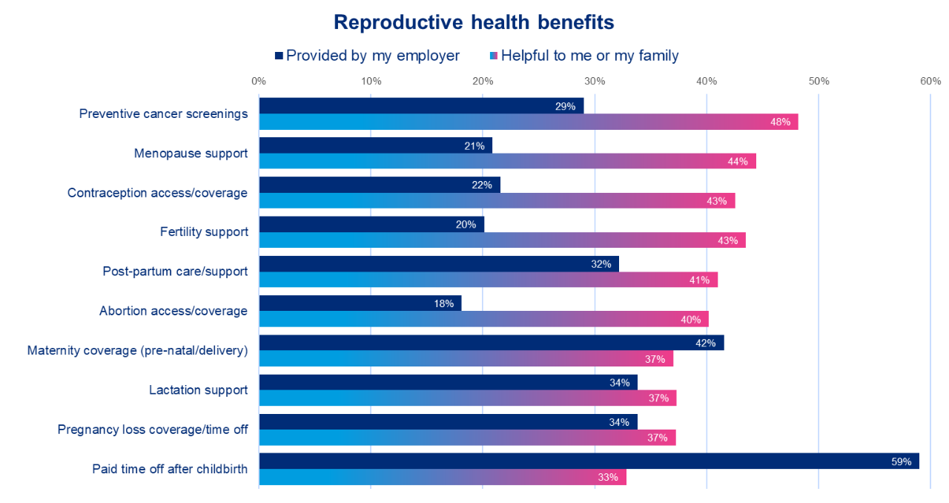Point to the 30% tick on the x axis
pos(595,81)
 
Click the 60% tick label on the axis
pos(930,81)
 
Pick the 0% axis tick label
pos(259,81)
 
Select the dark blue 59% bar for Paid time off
pos(589,461)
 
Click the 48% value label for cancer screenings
pos(780,122)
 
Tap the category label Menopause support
pos(191,154)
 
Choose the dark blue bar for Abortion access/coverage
pos(360,303)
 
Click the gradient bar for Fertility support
pos(502,240)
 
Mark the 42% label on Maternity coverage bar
pos(705,343)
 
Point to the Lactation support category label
pos(198,389)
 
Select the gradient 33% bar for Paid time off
pos(443,477)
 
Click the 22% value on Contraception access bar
pos(482,185)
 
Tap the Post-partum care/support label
pos(175,272)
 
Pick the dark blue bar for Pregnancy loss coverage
pos(448,421)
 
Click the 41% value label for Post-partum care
pos(700,280)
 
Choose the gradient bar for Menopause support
pos(507,161)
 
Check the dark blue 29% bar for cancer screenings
pos(421,105)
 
